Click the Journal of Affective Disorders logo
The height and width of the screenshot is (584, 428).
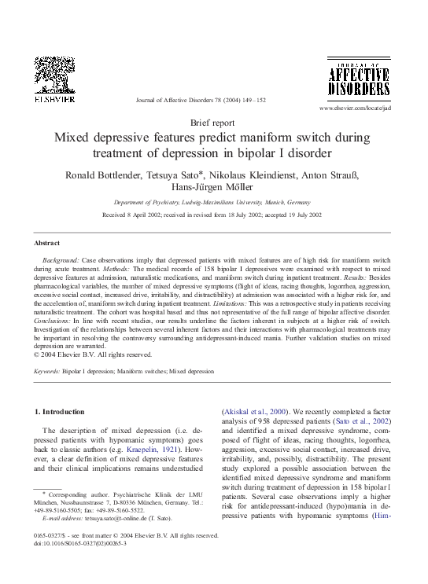click(x=358, y=81)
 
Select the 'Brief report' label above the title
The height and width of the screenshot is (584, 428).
click(x=212, y=123)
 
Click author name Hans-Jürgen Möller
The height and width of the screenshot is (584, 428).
click(x=213, y=187)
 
